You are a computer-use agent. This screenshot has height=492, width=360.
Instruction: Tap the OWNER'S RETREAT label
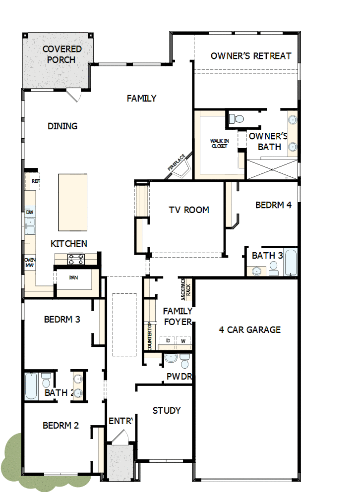(251, 56)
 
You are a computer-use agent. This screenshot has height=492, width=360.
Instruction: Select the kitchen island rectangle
(72, 202)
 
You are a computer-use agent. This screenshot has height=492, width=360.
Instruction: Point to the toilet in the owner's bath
(237, 119)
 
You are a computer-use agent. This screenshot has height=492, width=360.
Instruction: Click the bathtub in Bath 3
(291, 263)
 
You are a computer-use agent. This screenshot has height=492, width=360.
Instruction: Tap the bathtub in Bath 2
(31, 386)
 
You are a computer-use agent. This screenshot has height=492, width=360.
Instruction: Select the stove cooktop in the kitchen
(76, 259)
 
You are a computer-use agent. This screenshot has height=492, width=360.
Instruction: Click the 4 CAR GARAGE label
(250, 329)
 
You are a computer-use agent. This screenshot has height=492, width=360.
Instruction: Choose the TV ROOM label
(189, 210)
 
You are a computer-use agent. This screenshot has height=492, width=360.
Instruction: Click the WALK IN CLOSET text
(219, 144)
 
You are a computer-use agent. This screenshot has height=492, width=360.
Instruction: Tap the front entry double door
(120, 437)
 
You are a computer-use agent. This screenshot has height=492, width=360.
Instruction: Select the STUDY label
(167, 410)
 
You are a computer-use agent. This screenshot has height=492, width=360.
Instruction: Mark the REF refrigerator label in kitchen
(35, 181)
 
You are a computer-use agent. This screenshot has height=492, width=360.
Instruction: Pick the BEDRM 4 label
(273, 205)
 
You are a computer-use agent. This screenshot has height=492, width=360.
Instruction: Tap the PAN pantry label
(73, 277)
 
